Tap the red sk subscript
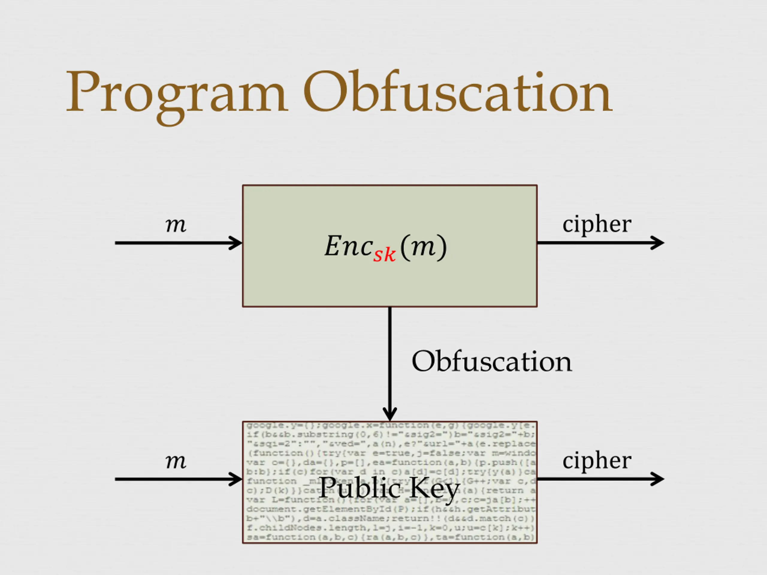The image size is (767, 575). tap(384, 255)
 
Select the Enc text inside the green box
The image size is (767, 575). tap(348, 246)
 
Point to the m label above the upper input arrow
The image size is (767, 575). tap(176, 225)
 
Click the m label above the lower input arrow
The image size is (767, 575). tap(176, 462)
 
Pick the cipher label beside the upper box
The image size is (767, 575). tap(597, 225)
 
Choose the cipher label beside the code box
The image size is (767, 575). tap(597, 461)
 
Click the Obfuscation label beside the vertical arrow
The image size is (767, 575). tap(492, 361)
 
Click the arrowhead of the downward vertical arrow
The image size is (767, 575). tap(390, 414)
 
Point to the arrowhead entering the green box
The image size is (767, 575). tap(236, 243)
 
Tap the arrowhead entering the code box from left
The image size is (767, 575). tap(236, 479)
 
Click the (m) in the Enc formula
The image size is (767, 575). tap(423, 247)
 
